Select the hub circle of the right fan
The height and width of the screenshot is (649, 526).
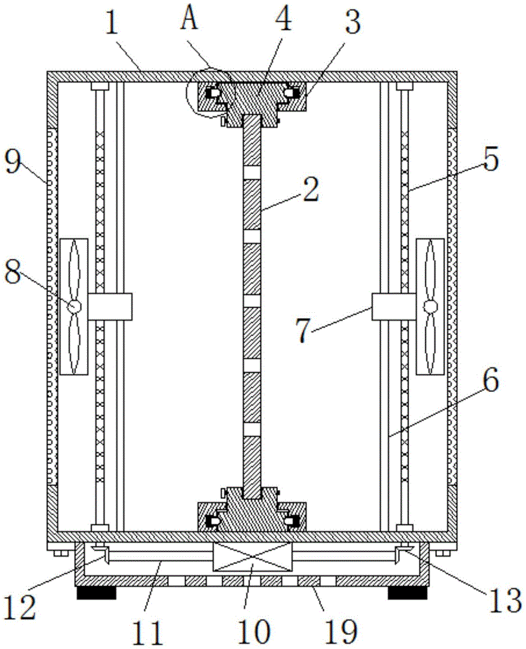coord(429,306)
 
